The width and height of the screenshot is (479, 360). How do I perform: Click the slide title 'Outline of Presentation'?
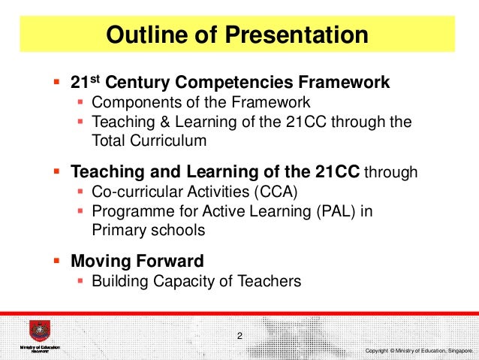pyautogui.click(x=237, y=35)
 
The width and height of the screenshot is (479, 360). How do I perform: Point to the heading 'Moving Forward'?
pyautogui.click(x=137, y=262)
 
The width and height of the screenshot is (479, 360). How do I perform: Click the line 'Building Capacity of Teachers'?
pyautogui.click(x=196, y=282)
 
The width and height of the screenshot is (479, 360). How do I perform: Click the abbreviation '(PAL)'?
pyautogui.click(x=329, y=211)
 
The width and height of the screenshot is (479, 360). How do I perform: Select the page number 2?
pyautogui.click(x=239, y=334)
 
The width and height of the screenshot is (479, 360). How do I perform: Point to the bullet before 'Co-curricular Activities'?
pyautogui.click(x=81, y=192)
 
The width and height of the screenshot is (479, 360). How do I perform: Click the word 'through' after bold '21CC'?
pyautogui.click(x=390, y=174)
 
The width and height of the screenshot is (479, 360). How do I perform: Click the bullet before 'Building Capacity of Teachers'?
pyautogui.click(x=81, y=282)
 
